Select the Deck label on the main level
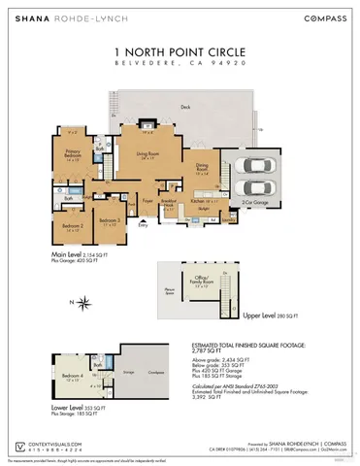[185, 109]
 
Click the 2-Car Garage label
[255, 202]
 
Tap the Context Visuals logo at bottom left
[21, 420]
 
